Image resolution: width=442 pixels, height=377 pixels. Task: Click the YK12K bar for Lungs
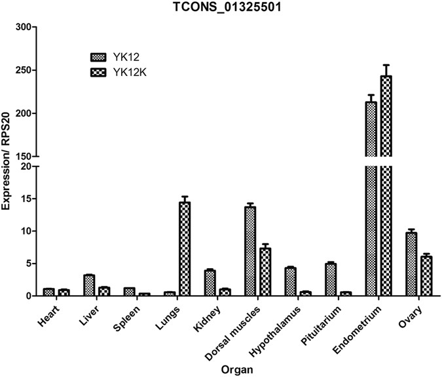(185, 249)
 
